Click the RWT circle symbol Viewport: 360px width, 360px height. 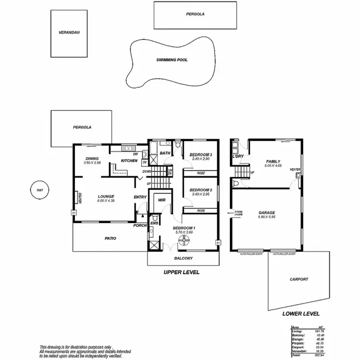click(x=39, y=190)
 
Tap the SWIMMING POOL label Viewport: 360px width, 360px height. click(x=171, y=60)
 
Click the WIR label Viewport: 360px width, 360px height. click(x=155, y=201)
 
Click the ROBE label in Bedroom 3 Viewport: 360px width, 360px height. click(x=201, y=172)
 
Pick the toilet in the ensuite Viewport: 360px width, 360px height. click(x=151, y=232)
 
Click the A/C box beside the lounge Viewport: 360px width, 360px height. click(x=73, y=212)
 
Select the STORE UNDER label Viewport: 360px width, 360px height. click(x=238, y=214)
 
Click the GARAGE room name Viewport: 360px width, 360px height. click(x=266, y=212)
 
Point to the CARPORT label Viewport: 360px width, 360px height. click(x=299, y=279)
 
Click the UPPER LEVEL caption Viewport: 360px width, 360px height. click(x=181, y=272)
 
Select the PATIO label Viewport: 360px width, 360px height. click(x=110, y=238)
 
